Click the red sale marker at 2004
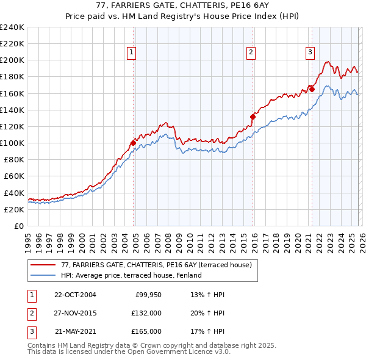click(133, 143)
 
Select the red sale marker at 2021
click(312, 89)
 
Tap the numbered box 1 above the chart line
click(131, 53)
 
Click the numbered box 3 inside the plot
click(310, 53)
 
